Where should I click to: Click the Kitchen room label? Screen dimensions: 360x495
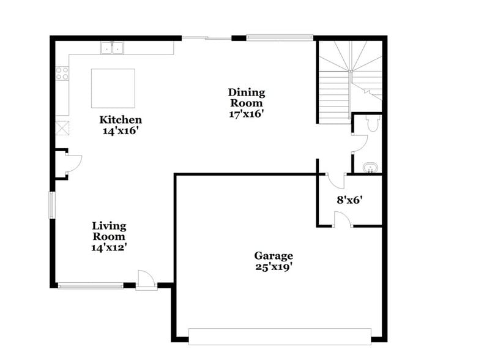121,120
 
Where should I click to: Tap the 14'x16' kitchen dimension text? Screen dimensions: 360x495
121,130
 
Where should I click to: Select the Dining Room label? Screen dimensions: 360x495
247,97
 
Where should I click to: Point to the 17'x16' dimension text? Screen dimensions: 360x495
247,113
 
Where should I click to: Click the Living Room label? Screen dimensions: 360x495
109,231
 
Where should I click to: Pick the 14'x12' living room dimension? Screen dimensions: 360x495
109,247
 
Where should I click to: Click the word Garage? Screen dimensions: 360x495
274,255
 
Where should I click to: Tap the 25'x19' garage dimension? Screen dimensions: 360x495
274,266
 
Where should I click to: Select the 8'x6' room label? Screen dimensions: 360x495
351,199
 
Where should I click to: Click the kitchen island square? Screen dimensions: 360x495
113,88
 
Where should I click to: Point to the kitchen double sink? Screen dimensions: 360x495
112,48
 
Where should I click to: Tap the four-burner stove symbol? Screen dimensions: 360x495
62,73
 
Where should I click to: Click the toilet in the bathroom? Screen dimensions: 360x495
374,124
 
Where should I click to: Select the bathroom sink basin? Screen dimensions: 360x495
370,167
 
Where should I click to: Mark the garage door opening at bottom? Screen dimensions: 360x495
280,336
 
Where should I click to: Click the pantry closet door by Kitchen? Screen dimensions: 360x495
72,163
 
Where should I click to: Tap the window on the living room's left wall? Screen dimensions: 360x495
52,204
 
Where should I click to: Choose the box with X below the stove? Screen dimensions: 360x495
62,128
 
